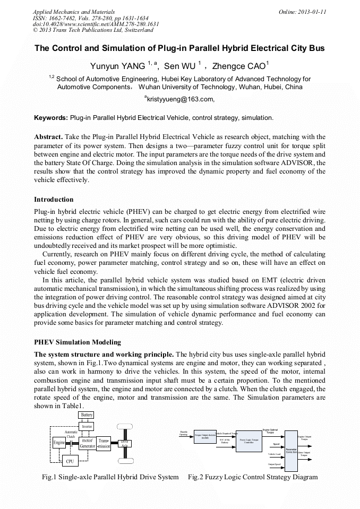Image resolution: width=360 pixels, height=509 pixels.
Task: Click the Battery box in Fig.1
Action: coord(87,415)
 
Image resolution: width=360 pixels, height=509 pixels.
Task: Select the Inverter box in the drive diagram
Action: coord(87,426)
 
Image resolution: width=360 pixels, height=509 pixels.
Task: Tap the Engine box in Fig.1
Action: coord(59,443)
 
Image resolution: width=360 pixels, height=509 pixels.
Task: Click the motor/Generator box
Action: coord(87,443)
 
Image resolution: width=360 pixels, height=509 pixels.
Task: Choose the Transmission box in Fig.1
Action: coord(104,443)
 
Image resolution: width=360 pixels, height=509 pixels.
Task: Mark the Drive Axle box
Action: coord(124,443)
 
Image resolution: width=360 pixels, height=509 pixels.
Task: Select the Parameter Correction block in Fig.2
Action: coord(291,450)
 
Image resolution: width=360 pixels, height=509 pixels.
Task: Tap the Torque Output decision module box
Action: coord(204,436)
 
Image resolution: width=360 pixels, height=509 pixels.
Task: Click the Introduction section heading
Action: coord(54,200)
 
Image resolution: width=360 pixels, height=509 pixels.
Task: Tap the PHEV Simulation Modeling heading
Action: coord(78,342)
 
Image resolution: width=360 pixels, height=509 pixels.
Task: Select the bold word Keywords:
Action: coord(51,117)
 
